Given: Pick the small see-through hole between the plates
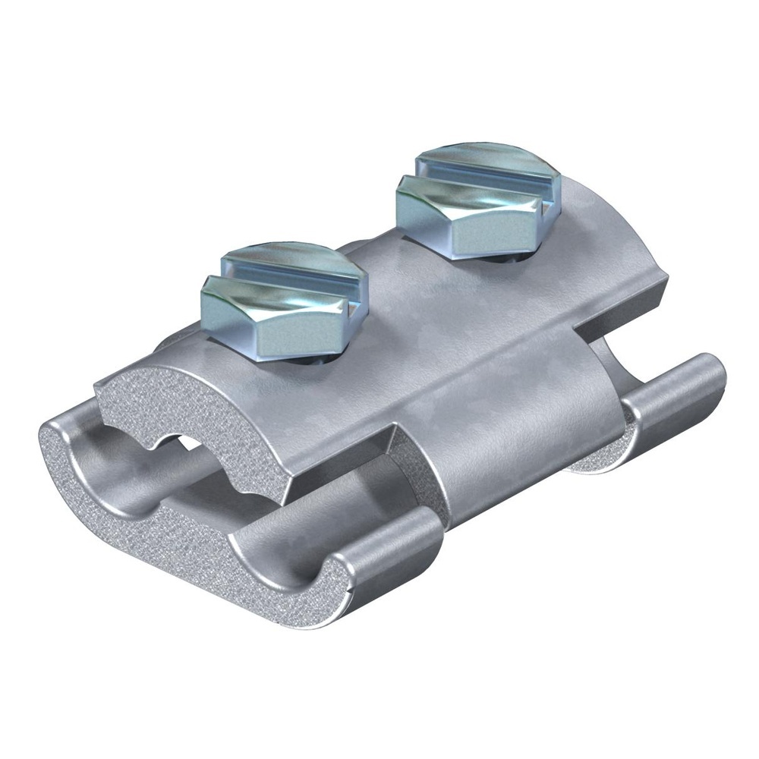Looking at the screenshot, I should pyautogui.click(x=182, y=441).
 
